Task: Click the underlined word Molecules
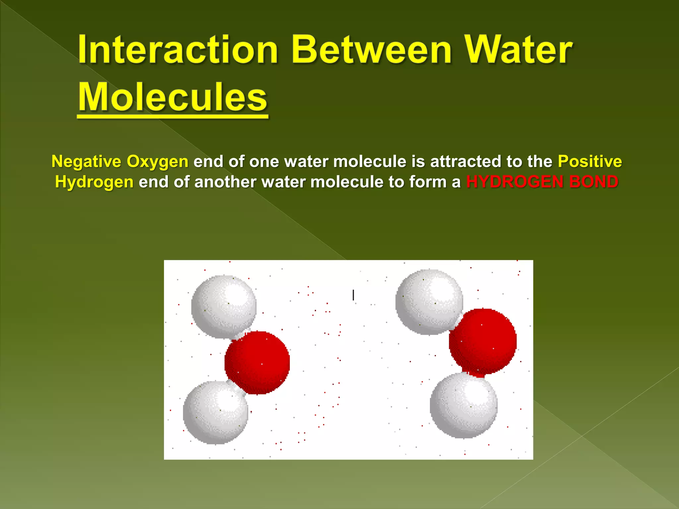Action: point(173,97)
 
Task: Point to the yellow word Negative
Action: point(87,161)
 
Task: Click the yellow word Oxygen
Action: point(157,161)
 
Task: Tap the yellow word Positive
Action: point(590,161)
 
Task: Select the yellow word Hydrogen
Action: point(94,182)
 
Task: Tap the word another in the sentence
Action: point(225,182)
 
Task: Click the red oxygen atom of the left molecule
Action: point(257,363)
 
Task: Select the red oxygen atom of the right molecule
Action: point(483,341)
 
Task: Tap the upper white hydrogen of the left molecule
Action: point(224,306)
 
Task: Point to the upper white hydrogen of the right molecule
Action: point(429,302)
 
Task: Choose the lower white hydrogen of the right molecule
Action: point(463,405)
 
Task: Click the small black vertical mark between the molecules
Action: point(353,295)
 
